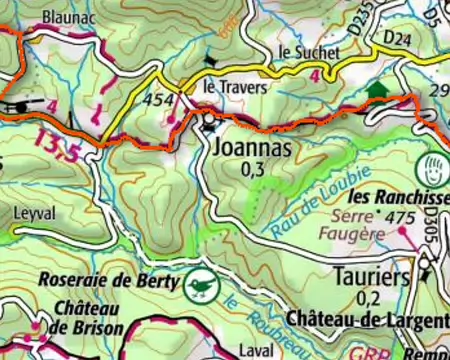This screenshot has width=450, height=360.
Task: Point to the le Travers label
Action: tap(235, 88)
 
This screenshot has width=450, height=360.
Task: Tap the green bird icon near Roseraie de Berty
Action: tap(200, 286)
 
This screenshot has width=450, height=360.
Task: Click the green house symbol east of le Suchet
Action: tap(376, 91)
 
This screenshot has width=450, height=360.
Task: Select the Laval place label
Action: tap(255, 352)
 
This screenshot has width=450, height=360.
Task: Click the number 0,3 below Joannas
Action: tap(253, 170)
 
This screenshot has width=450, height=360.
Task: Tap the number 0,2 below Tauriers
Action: tap(368, 297)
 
